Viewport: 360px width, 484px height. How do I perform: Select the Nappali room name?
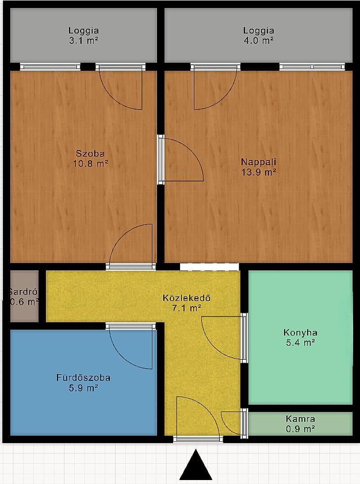pos(258,162)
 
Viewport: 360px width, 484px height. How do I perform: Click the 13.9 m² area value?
pos(258,172)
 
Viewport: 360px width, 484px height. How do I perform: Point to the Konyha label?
pos(300,333)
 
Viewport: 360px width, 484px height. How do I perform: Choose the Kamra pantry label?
pos(300,419)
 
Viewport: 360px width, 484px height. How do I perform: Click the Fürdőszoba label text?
pos(83,377)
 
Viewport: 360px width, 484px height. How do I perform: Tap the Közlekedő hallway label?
pos(186,298)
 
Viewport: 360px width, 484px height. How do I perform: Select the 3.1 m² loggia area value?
pos(84,40)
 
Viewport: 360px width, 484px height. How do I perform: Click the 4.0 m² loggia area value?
pos(258,40)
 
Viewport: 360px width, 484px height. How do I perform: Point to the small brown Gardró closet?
pos(24,297)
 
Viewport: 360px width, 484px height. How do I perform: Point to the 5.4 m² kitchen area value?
pos(300,343)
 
